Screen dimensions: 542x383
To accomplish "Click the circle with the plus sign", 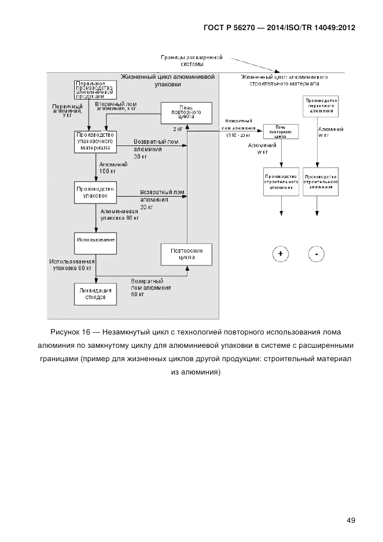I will click(281, 254).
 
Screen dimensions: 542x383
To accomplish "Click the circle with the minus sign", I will click(317, 254).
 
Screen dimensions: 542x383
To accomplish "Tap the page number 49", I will click(351, 520).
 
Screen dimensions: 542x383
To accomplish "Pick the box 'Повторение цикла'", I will click(186, 254).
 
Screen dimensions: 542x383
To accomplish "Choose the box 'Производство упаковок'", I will click(95, 192).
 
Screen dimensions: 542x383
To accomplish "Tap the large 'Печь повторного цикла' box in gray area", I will click(186, 111).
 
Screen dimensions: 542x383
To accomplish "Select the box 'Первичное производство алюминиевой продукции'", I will click(95, 90).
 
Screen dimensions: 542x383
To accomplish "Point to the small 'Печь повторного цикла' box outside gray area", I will click(281, 131).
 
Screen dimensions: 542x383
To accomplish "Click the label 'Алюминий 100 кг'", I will click(108, 168).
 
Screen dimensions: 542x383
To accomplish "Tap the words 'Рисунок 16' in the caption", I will click(68, 333).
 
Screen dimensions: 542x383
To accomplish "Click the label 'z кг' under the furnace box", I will click(178, 128).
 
